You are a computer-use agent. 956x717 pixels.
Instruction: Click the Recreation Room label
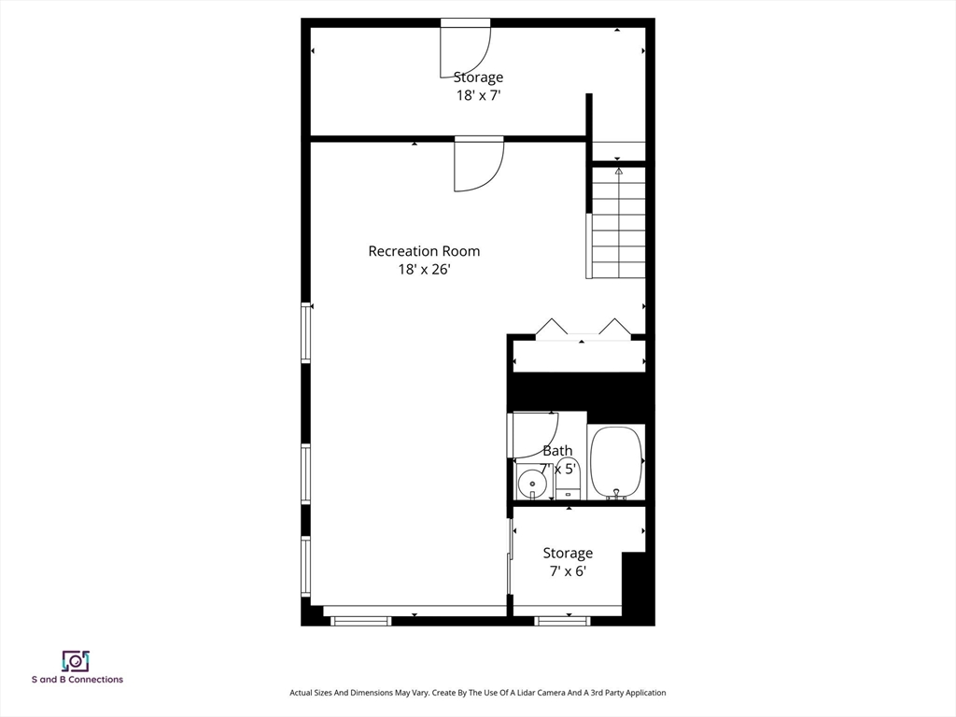(424, 250)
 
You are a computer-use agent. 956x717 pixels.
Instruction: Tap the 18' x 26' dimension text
(424, 269)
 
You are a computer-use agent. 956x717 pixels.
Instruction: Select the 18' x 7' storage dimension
(478, 96)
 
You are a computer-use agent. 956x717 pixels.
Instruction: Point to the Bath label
(557, 451)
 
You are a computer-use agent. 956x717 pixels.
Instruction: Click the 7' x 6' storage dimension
(568, 571)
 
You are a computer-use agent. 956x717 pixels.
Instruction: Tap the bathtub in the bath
(616, 462)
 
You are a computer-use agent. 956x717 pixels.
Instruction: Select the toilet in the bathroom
(569, 479)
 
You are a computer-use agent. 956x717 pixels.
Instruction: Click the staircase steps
(619, 222)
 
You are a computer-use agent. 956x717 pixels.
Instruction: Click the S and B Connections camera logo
(76, 661)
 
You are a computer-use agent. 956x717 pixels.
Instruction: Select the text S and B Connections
(77, 680)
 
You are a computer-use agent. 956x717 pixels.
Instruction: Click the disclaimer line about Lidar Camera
(477, 693)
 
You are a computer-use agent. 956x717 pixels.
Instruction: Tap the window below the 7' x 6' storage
(562, 621)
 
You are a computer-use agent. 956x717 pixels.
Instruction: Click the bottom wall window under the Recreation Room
(361, 621)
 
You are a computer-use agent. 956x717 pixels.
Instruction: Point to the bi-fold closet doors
(583, 327)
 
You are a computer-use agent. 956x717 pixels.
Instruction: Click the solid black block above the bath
(577, 391)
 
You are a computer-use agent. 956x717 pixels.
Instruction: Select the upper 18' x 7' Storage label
(478, 77)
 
